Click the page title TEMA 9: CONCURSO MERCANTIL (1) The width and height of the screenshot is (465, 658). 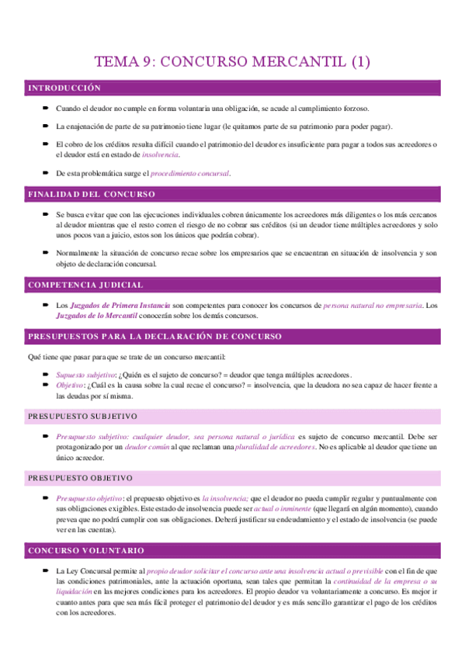pyautogui.click(x=232, y=62)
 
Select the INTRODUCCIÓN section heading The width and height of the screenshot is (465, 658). pyautogui.click(x=65, y=88)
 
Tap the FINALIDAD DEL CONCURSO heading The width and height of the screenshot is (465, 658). pyautogui.click(x=92, y=194)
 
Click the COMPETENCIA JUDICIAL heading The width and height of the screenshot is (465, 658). pyautogui.click(x=85, y=286)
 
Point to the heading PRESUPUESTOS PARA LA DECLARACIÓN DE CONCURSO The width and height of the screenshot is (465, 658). pyautogui.click(x=154, y=337)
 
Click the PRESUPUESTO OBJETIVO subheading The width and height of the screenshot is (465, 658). pyautogui.click(x=80, y=478)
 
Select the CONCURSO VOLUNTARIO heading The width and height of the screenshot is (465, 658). pyautogui.click(x=86, y=551)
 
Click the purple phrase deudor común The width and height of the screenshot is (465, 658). pyautogui.click(x=149, y=447)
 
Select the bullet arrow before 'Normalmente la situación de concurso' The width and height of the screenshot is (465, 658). pyautogui.click(x=47, y=253)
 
